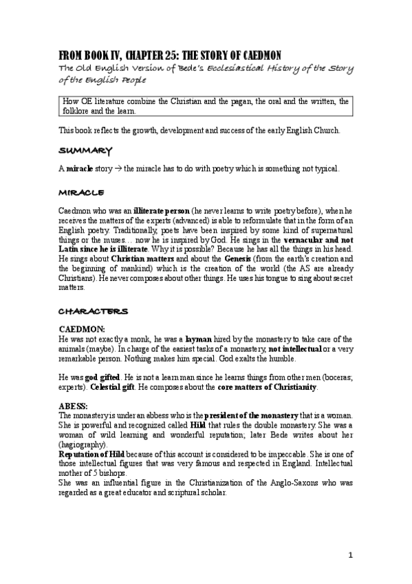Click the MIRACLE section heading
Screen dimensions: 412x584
coord(81,188)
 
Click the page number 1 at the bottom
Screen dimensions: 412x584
coord(349,556)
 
